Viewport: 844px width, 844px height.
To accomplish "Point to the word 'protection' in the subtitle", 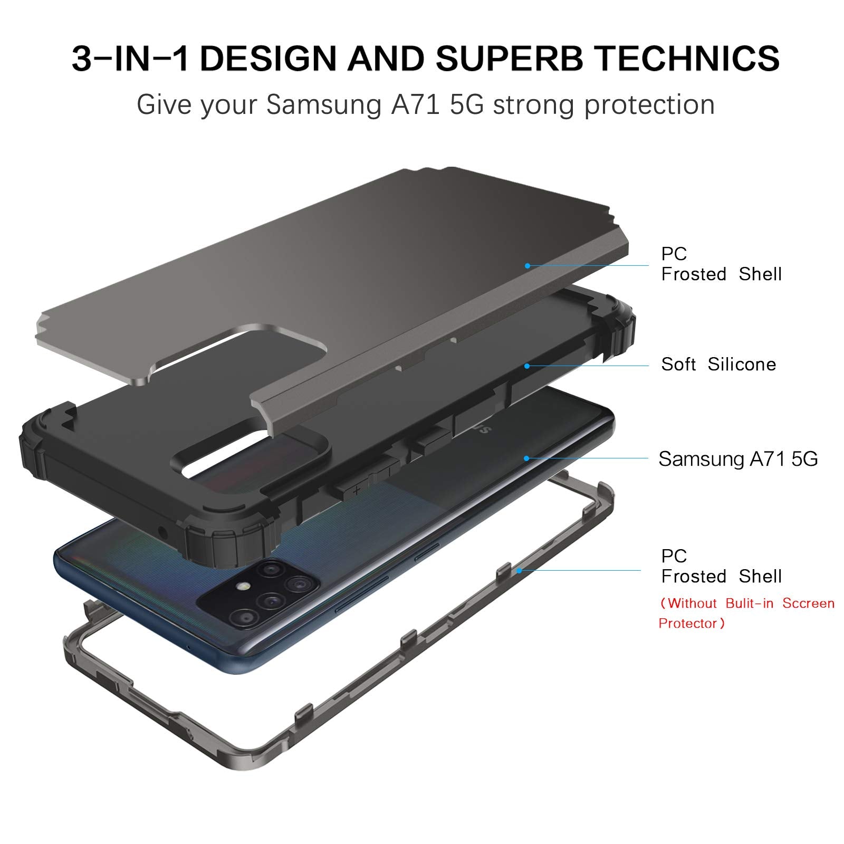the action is pos(649,104).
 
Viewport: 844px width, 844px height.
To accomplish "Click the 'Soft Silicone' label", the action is pos(718,365).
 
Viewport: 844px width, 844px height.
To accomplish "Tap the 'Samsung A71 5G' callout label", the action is pos(738,459).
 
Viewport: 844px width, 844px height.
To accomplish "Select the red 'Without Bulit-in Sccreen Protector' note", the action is pos(746,613).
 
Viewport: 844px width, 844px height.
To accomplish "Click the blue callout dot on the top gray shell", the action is pos(527,266).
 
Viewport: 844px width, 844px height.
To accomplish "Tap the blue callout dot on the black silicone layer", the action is pos(526,366).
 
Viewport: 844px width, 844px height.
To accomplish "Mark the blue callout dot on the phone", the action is pos(526,458).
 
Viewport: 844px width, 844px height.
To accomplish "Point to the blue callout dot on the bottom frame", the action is pos(519,570).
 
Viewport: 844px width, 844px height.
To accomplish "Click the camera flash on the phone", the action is pos(243,587).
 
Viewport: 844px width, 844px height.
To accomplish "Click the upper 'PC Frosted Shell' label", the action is pos(721,264).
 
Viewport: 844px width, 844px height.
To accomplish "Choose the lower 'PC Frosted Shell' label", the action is pos(721,566).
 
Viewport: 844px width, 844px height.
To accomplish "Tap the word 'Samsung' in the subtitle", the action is pos(323,104).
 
